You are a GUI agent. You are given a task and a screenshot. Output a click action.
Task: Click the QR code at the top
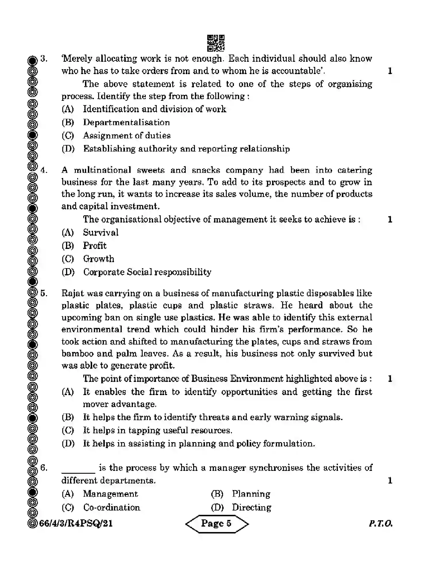click(216, 43)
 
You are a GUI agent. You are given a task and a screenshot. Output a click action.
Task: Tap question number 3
click(44, 59)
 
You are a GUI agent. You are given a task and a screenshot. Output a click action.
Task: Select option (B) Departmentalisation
click(126, 122)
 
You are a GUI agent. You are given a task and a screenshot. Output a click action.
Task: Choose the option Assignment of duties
click(127, 136)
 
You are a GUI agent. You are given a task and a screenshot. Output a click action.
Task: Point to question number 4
click(44, 170)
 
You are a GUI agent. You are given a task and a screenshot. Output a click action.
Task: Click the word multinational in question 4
click(102, 170)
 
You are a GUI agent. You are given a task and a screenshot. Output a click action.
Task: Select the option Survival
click(100, 232)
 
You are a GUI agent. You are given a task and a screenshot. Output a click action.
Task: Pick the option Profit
click(94, 245)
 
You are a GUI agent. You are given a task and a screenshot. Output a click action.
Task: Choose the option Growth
click(98, 259)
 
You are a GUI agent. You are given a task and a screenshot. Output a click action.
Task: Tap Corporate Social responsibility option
click(147, 272)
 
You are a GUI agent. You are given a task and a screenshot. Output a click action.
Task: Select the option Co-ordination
click(112, 507)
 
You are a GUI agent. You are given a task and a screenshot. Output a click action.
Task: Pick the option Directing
click(251, 507)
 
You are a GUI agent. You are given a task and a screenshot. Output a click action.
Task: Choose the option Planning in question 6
click(251, 494)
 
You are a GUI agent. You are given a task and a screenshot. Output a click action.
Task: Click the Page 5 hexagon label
click(217, 523)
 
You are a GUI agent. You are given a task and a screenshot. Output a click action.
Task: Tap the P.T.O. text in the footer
click(380, 523)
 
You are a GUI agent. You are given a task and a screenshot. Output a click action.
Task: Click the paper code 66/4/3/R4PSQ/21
click(76, 523)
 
